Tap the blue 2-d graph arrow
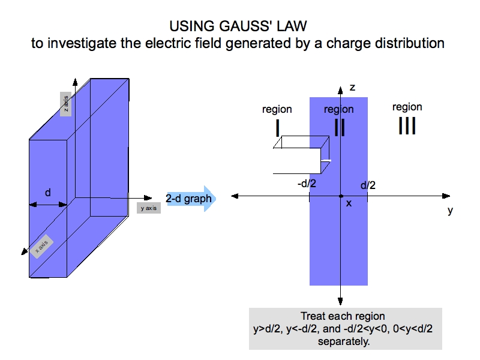coord(189,199)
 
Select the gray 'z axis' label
coord(67,104)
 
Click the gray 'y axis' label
coord(148,208)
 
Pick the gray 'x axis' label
coord(41,246)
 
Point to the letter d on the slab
coord(48,193)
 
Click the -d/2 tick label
coord(307,184)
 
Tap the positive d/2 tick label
coord(367,185)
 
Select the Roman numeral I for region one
coord(277,127)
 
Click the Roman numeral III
coord(407,126)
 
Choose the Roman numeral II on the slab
coord(339,127)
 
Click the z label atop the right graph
coord(352,88)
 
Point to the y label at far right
coord(449,211)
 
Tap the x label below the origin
coord(349,203)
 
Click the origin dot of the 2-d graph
coord(341,196)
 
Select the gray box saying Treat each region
coord(345,328)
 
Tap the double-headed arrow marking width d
coord(48,205)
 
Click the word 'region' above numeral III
coord(407,107)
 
